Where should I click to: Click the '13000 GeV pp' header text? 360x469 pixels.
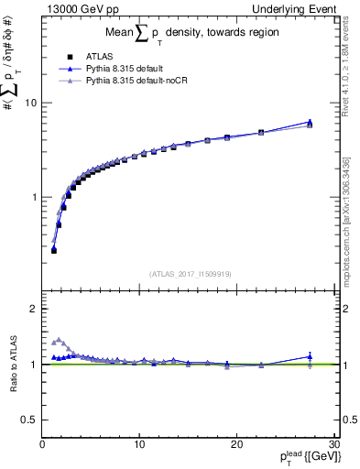click(81, 8)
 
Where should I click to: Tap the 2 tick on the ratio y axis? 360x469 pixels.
click(33, 309)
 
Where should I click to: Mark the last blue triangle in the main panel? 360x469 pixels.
click(310, 122)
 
